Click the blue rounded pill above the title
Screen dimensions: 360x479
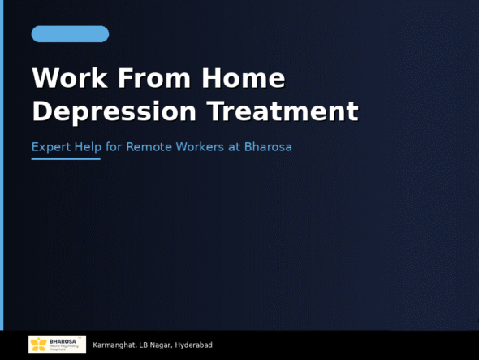click(x=70, y=34)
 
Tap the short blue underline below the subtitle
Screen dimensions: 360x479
click(x=66, y=158)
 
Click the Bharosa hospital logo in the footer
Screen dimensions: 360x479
click(x=57, y=345)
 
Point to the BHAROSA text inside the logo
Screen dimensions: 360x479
click(x=63, y=341)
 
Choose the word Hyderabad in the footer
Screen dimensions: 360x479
click(x=194, y=345)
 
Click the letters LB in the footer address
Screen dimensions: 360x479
click(x=143, y=345)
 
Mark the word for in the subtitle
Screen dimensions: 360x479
click(x=114, y=147)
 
